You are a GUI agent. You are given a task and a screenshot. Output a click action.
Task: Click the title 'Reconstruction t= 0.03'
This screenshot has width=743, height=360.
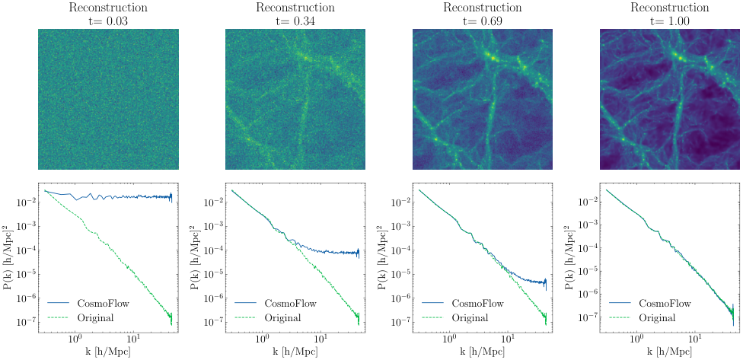point(108,14)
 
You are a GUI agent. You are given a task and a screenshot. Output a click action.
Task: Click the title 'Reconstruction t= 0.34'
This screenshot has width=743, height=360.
point(295,14)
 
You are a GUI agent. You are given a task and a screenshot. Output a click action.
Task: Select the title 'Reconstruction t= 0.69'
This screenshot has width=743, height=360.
point(483,14)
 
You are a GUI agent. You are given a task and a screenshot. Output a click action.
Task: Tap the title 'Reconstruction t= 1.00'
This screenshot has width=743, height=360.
point(670,14)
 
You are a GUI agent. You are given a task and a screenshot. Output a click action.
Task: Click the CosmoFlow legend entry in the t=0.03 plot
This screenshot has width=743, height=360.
point(98,302)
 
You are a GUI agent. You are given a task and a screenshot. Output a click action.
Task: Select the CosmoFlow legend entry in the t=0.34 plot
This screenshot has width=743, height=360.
point(285,302)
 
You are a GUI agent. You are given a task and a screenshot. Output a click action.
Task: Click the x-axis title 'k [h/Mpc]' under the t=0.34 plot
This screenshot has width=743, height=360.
point(295,352)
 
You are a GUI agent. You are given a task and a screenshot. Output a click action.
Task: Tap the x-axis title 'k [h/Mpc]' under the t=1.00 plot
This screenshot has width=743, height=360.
point(670,352)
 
